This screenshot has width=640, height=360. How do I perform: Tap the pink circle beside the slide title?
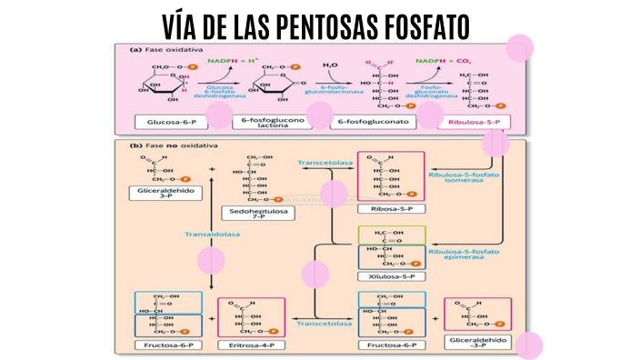click(518, 47)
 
